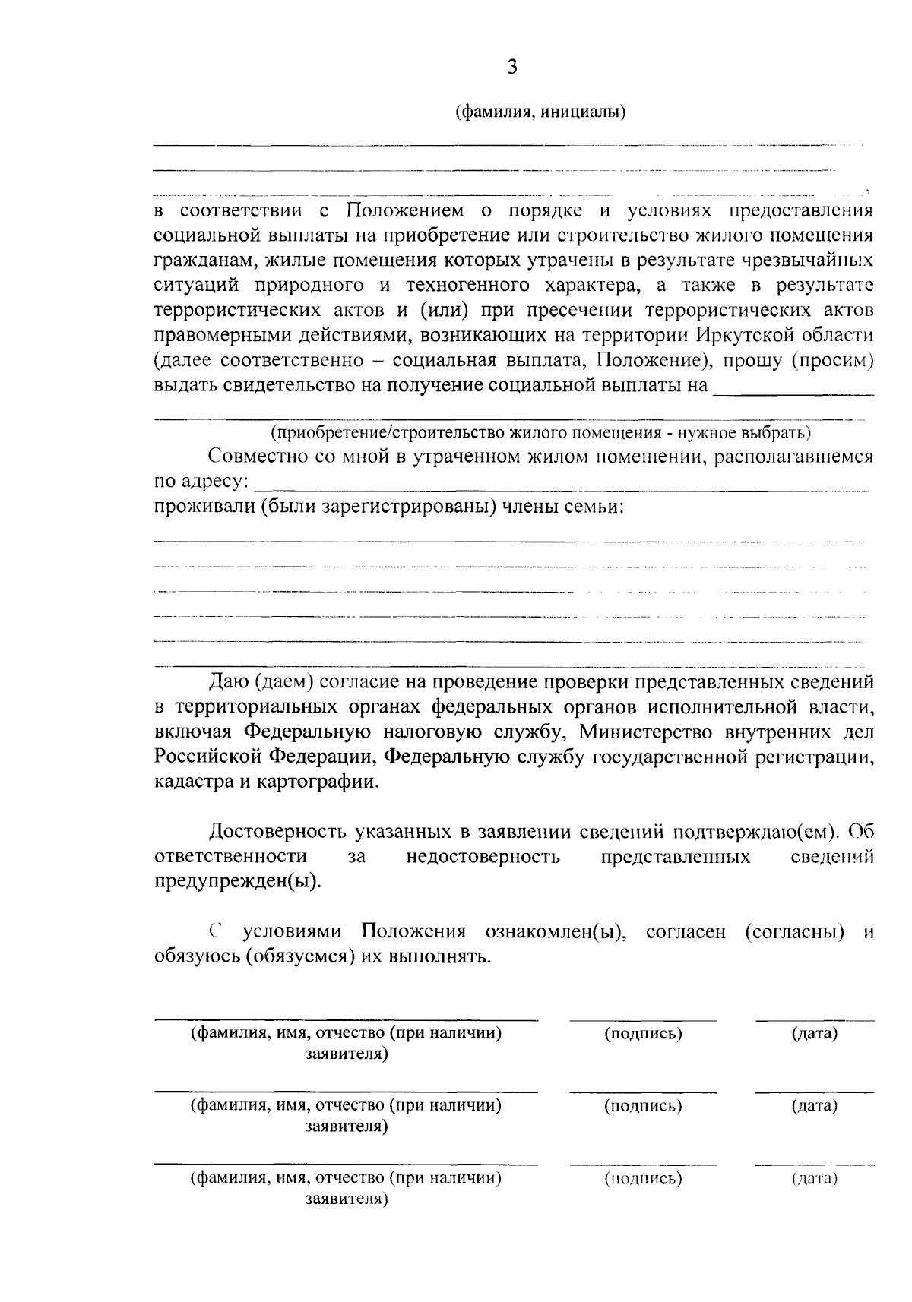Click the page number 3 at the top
(x=512, y=68)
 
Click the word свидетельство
(x=289, y=384)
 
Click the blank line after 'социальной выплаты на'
(x=793, y=390)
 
